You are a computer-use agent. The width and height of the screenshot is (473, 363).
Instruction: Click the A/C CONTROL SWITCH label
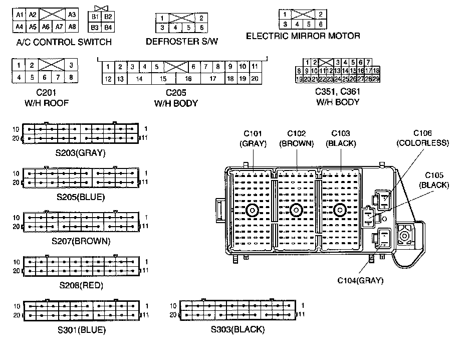point(64,42)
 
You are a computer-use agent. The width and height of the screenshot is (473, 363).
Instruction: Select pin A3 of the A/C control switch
point(72,15)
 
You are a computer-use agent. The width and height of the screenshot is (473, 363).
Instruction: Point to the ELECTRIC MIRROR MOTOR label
point(303,36)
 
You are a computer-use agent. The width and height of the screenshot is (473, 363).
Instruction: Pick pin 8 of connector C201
point(71,77)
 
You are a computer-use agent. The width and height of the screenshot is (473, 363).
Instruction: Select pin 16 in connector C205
point(188,79)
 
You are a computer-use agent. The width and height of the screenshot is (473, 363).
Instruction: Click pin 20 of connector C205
point(255,79)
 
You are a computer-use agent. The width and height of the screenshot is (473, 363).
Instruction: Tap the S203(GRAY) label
point(81,152)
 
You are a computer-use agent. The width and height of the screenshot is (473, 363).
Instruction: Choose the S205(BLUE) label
point(81,197)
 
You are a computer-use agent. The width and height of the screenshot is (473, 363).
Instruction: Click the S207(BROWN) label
point(81,241)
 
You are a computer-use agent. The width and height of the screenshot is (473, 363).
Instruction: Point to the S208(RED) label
point(81,286)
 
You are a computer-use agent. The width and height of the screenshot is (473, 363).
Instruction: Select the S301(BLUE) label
point(81,330)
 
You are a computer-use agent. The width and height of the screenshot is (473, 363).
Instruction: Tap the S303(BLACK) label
point(238,330)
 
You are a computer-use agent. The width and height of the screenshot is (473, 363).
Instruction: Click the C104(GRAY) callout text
point(359,280)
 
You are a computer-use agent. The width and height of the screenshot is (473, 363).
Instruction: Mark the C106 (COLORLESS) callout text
point(422,138)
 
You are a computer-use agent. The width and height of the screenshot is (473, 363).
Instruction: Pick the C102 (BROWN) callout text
point(296,138)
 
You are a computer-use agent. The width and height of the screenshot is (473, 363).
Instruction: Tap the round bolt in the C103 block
point(341,210)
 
